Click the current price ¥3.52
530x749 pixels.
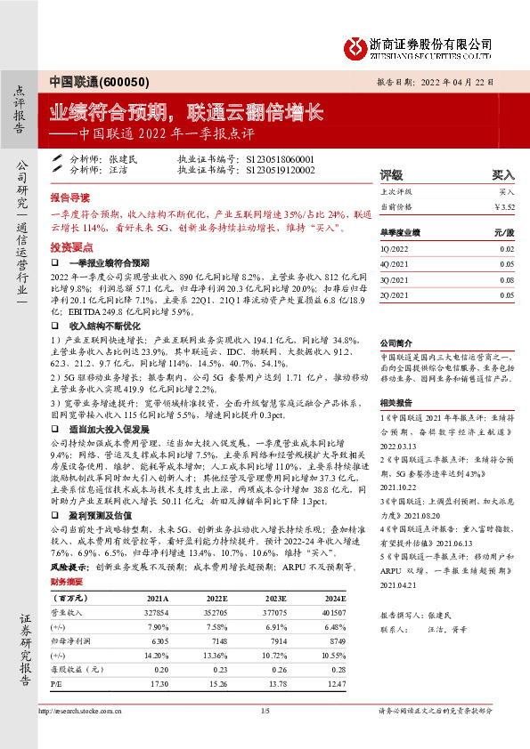pos(504,206)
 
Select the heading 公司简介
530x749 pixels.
pos(397,342)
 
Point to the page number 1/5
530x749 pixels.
pos(264,711)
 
